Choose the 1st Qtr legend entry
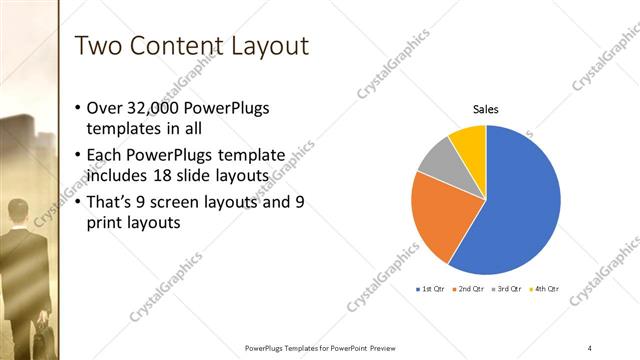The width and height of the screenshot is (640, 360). point(431,289)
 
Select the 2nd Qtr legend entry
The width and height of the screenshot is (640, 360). point(469,289)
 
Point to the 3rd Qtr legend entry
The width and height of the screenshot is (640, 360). point(507,289)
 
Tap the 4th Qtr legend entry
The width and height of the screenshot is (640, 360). point(545,289)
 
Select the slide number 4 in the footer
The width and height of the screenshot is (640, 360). point(589,347)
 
